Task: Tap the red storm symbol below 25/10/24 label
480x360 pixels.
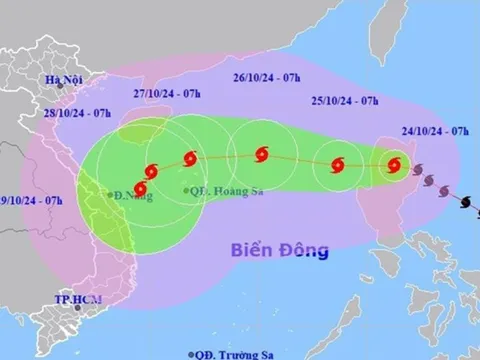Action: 338,162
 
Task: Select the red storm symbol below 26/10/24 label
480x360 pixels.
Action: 262,154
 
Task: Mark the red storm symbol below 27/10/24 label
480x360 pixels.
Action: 188,158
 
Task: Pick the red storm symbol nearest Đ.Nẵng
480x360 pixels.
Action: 142,186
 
